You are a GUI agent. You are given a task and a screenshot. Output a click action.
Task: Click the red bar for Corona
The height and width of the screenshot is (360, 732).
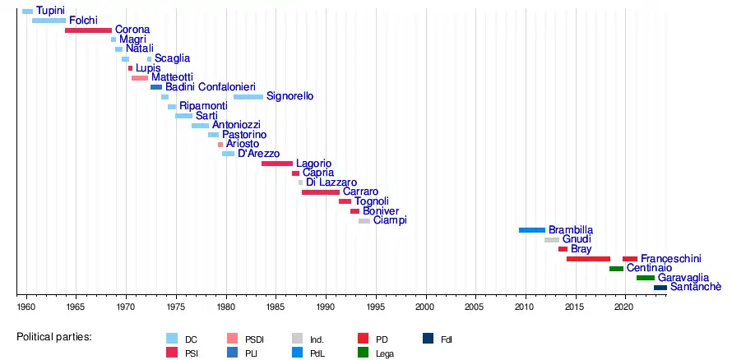(88, 30)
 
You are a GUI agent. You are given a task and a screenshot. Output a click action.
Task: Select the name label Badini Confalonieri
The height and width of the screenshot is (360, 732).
(210, 87)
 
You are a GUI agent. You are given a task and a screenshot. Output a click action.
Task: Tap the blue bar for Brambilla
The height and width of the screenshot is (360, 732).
(532, 230)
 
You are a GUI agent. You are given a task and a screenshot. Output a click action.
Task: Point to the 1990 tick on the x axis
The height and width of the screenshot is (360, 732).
(326, 293)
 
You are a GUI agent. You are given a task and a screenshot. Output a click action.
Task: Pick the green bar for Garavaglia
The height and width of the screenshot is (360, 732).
(645, 278)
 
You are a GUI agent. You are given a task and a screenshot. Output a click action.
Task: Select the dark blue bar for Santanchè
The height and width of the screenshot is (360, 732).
(660, 288)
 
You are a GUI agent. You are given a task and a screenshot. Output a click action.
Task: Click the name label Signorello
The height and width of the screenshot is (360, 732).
(290, 97)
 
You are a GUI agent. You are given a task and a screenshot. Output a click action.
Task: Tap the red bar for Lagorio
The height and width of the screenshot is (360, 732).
(276, 164)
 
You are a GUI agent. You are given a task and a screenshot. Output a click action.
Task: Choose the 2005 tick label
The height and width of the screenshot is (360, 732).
(475, 307)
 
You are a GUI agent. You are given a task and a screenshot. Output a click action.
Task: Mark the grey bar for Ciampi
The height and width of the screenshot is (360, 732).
(364, 221)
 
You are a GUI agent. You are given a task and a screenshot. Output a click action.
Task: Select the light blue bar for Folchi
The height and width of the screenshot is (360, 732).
(49, 21)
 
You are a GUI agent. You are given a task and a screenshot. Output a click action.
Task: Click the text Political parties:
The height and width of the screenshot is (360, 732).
(54, 338)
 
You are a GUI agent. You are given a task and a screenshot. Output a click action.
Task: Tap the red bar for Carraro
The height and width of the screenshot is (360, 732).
(321, 192)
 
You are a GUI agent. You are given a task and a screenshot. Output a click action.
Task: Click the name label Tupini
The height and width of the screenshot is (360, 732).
(50, 11)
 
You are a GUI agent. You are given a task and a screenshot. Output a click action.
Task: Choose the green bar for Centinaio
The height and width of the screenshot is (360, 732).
(616, 269)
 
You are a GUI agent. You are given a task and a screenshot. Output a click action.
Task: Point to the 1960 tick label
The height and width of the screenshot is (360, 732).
(26, 307)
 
